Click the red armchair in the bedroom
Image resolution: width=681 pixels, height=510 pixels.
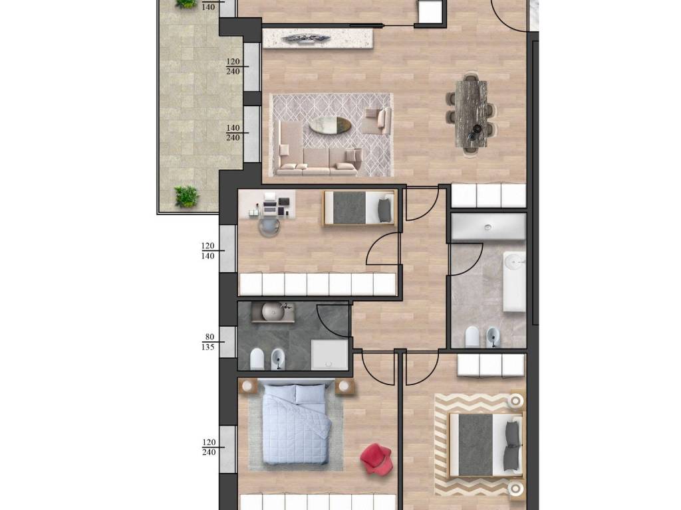coord(376,458)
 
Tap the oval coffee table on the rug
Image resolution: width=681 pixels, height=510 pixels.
coord(330,125)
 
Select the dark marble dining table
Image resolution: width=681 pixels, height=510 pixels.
coord(471,114)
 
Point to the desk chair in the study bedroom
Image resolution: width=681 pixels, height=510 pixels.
coord(270,226)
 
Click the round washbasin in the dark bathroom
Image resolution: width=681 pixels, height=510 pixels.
coord(273,311)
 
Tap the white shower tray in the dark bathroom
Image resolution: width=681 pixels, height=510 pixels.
coord(330,355)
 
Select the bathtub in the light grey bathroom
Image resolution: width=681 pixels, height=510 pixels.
coord(514,281)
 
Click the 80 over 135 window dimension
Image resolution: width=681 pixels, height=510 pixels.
coord(208,342)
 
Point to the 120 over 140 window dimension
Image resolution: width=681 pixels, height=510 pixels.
coord(208,251)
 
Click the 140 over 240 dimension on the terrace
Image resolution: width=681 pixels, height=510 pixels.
coord(233,133)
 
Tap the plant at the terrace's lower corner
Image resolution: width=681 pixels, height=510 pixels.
coord(187,196)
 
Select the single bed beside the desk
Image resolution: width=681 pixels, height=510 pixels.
coord(358,208)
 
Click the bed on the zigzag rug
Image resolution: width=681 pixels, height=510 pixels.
coord(485,444)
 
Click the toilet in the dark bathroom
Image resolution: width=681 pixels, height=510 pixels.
coord(257,359)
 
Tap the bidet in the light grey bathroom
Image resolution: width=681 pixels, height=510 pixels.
coord(493,337)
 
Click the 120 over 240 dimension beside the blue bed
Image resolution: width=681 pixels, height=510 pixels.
coord(209,447)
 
